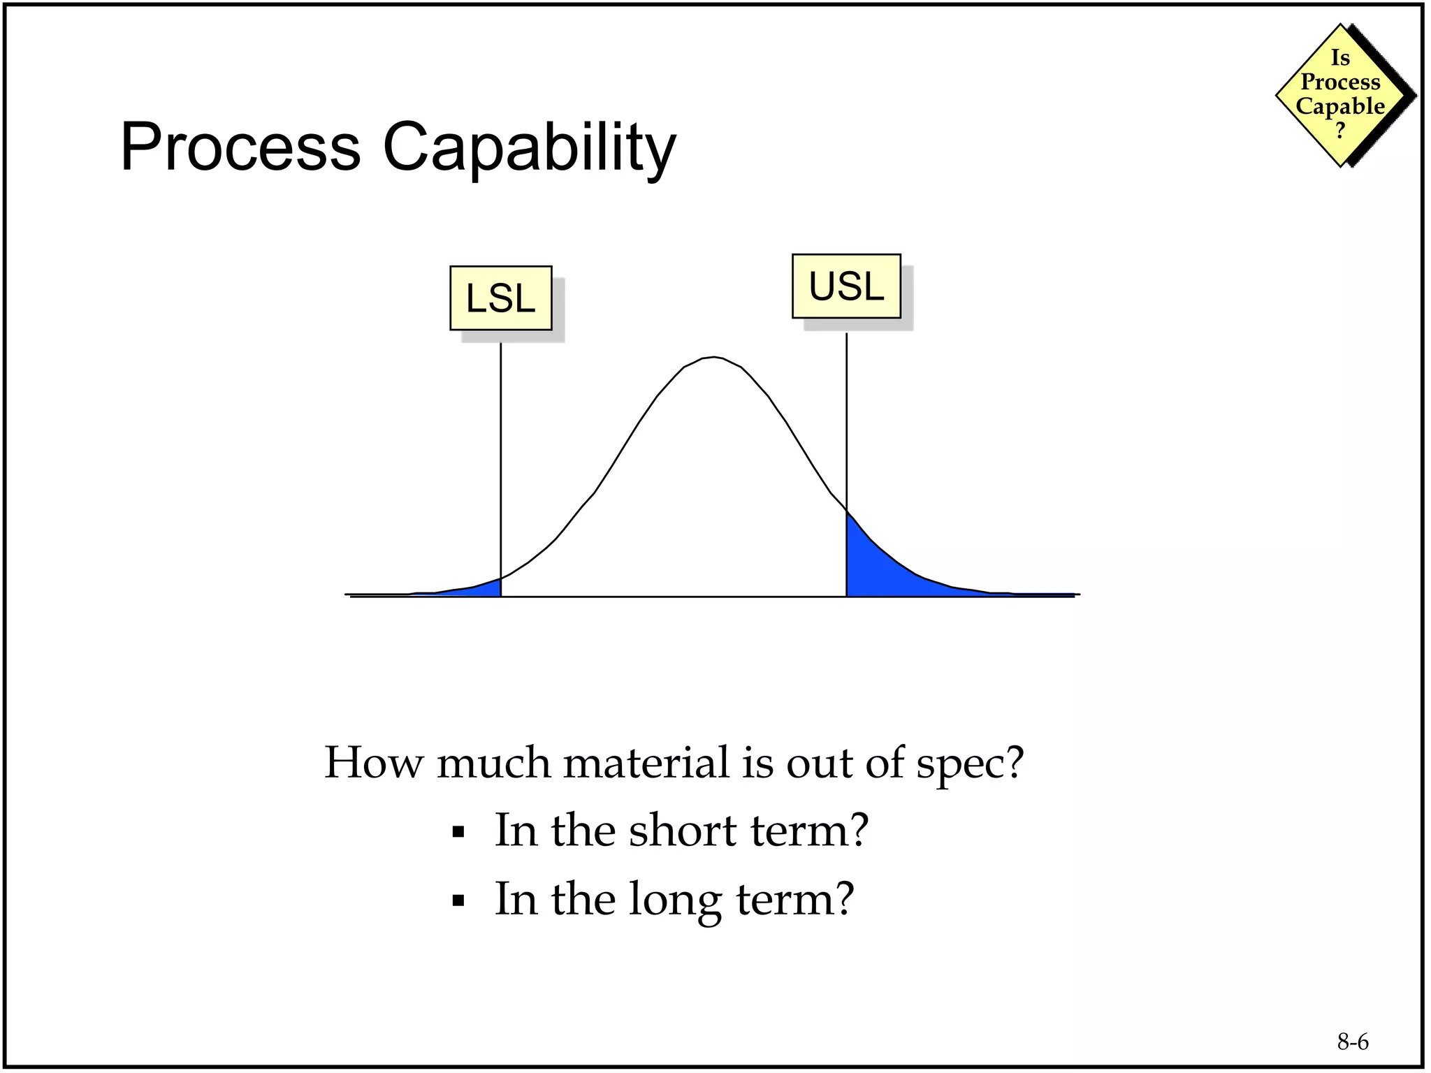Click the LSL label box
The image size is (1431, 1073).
pyautogui.click(x=500, y=298)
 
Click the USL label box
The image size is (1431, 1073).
pyautogui.click(x=846, y=286)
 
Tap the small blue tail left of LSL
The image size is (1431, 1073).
pyautogui.click(x=482, y=589)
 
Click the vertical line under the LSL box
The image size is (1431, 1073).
pyautogui.click(x=500, y=454)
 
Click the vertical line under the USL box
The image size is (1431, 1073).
pyautogui.click(x=846, y=419)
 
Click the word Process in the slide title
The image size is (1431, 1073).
pyautogui.click(x=240, y=147)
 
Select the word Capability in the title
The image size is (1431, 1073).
pyautogui.click(x=529, y=149)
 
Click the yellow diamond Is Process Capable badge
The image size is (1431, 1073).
pyautogui.click(x=1340, y=94)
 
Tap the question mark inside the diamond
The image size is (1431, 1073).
pyautogui.click(x=1339, y=131)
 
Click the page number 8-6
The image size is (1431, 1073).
pyautogui.click(x=1353, y=1042)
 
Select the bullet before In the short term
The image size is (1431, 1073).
pyautogui.click(x=458, y=832)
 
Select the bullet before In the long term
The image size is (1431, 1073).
pyautogui.click(x=458, y=900)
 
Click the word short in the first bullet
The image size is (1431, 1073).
pyautogui.click(x=682, y=831)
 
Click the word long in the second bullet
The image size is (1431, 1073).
pyautogui.click(x=674, y=900)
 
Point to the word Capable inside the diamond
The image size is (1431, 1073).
pyautogui.click(x=1339, y=106)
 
